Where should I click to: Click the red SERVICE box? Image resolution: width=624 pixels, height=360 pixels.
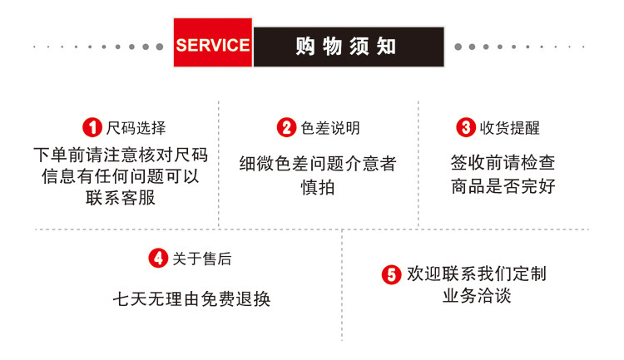(212, 44)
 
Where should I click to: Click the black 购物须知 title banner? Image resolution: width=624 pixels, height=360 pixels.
(348, 46)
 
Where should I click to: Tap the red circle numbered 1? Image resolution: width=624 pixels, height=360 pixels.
(92, 127)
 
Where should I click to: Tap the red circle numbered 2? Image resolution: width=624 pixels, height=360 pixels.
(286, 127)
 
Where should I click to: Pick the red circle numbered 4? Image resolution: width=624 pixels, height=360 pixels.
(158, 259)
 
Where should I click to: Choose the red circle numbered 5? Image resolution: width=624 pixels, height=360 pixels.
(391, 274)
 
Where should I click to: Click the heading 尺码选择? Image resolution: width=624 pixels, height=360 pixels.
(136, 128)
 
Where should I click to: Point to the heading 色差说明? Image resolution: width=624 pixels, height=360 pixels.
(330, 128)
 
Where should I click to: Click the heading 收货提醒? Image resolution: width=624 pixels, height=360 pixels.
(509, 128)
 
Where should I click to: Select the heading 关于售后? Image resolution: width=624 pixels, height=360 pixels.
(201, 259)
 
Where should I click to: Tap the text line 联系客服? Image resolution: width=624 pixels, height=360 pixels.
(120, 198)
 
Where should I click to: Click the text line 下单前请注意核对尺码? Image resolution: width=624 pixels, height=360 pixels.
(120, 155)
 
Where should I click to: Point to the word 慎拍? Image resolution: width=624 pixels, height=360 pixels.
(317, 187)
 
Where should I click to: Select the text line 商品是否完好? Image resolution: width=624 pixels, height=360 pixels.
(503, 186)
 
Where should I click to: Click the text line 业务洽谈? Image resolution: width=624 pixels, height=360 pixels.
(476, 296)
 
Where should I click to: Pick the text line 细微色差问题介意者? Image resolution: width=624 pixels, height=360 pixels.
(317, 164)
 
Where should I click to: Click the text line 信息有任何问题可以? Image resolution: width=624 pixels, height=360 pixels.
(120, 176)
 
